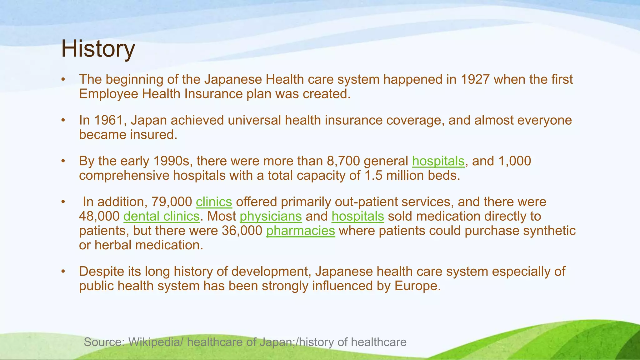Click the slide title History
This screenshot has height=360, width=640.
pyautogui.click(x=98, y=49)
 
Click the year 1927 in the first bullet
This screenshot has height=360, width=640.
pyautogui.click(x=475, y=79)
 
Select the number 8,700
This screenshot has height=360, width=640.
pyautogui.click(x=343, y=161)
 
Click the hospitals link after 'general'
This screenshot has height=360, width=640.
pyautogui.click(x=438, y=161)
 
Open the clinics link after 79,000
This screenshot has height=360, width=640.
pyautogui.click(x=214, y=202)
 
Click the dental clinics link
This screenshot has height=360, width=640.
pyautogui.click(x=161, y=216)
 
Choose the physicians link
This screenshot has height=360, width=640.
pyautogui.click(x=271, y=216)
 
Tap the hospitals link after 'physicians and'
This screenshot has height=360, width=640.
pyautogui.click(x=357, y=216)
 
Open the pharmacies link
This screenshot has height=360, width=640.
pyautogui.click(x=300, y=231)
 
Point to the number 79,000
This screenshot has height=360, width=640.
pyautogui.click(x=172, y=202)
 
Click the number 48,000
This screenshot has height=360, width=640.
pyautogui.click(x=99, y=216)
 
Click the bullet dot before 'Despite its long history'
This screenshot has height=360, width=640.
pyautogui.click(x=63, y=272)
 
